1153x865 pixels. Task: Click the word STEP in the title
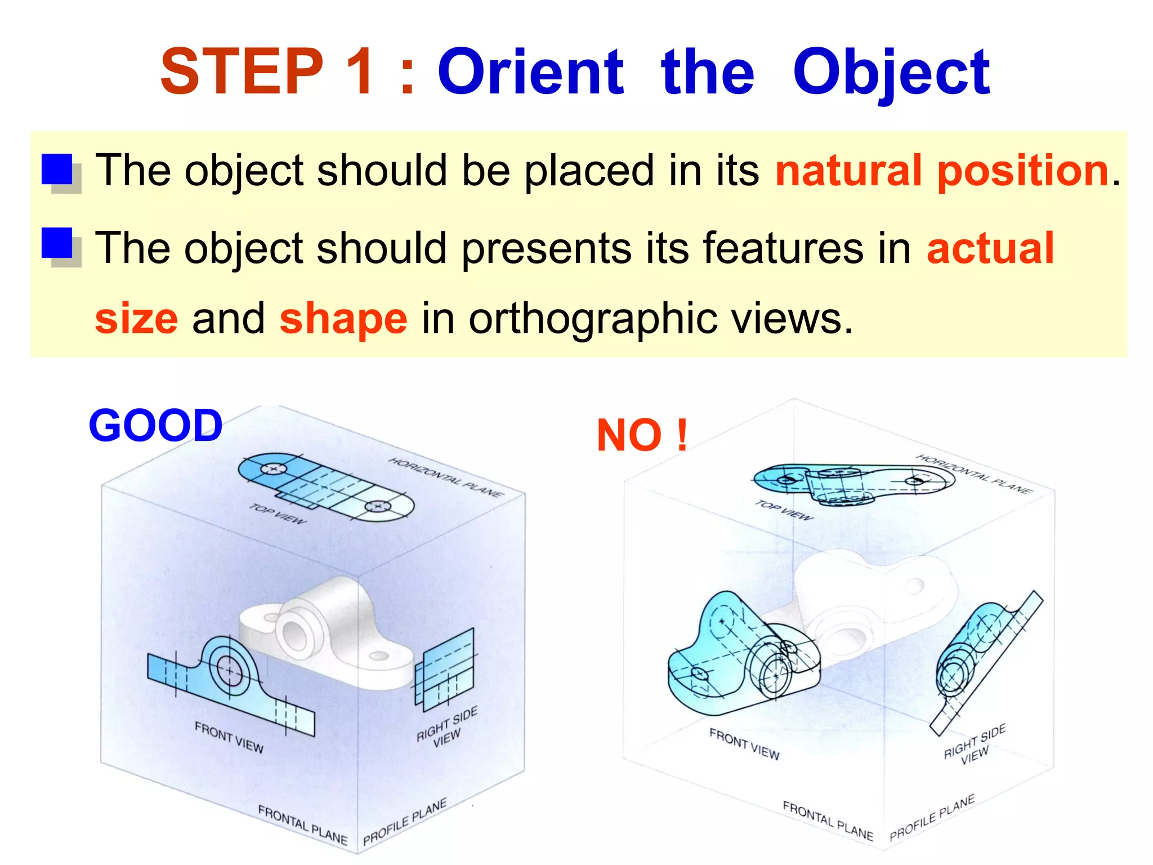pyautogui.click(x=242, y=72)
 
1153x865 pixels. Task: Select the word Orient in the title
pyautogui.click(x=530, y=72)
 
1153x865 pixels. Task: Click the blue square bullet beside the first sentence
pyautogui.click(x=57, y=170)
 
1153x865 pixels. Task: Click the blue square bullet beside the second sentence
pyautogui.click(x=57, y=243)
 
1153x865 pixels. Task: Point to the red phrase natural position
pyautogui.click(x=942, y=171)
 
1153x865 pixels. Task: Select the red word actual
pyautogui.click(x=990, y=248)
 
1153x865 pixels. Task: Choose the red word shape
pyautogui.click(x=343, y=319)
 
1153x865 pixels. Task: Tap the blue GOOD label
pyautogui.click(x=156, y=426)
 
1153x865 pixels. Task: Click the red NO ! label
pyautogui.click(x=642, y=435)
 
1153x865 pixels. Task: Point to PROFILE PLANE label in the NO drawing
pyautogui.click(x=932, y=818)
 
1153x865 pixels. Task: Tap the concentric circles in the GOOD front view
pyautogui.click(x=229, y=669)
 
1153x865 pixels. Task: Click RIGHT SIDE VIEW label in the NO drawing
pyautogui.click(x=975, y=745)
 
